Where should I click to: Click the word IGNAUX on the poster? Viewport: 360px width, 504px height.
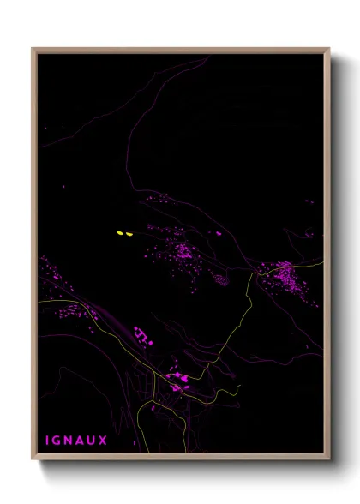point(77,441)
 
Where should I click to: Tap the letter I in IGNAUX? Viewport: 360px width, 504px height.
point(48,441)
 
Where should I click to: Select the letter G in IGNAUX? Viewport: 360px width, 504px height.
point(59,441)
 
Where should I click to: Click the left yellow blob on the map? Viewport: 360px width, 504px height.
point(120,232)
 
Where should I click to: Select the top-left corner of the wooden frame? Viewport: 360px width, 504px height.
point(33,49)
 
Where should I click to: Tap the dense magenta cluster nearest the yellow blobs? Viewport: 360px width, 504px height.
point(183,250)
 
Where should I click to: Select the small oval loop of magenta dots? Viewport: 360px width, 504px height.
point(220,279)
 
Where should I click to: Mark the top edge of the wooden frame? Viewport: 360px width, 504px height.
point(180,49)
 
